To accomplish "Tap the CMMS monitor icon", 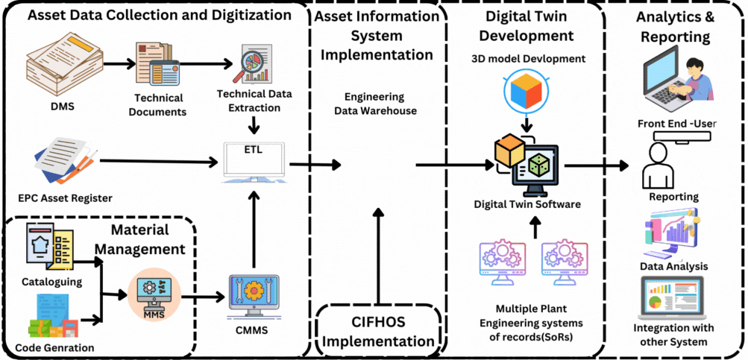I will click(x=254, y=299).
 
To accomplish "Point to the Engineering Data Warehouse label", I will click(x=374, y=104).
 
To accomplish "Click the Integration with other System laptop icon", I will click(x=673, y=298).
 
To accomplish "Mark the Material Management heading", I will click(x=141, y=239).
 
